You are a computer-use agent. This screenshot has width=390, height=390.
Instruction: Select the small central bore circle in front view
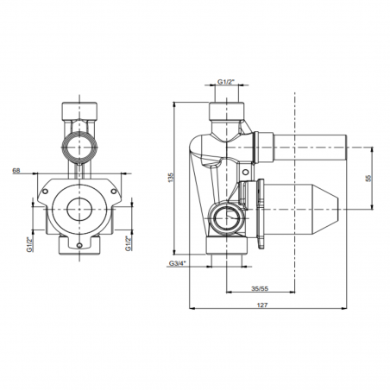click(80, 208)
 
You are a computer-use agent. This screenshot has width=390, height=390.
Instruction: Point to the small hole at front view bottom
click(80, 246)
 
